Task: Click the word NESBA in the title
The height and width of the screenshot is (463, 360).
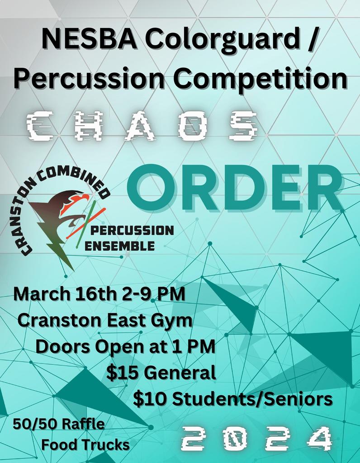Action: click(x=89, y=39)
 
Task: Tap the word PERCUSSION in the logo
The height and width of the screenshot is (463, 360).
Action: click(x=132, y=231)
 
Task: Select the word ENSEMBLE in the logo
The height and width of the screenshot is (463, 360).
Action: click(x=119, y=246)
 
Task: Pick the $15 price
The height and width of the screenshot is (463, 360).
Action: click(x=122, y=373)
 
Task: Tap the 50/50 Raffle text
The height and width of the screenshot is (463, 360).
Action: click(x=58, y=424)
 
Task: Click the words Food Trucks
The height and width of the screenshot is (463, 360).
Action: click(x=85, y=445)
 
